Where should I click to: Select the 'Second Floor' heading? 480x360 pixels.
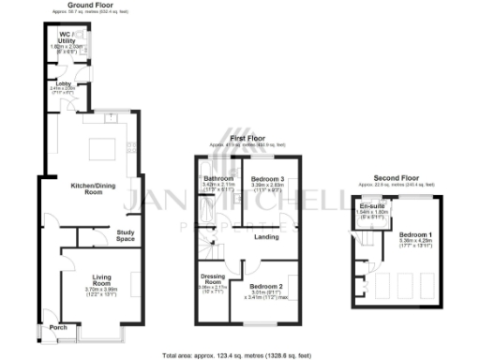tap(395, 178)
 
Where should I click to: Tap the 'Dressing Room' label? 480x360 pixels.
tap(214, 279)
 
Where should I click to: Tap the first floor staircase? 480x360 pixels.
tap(213, 251)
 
